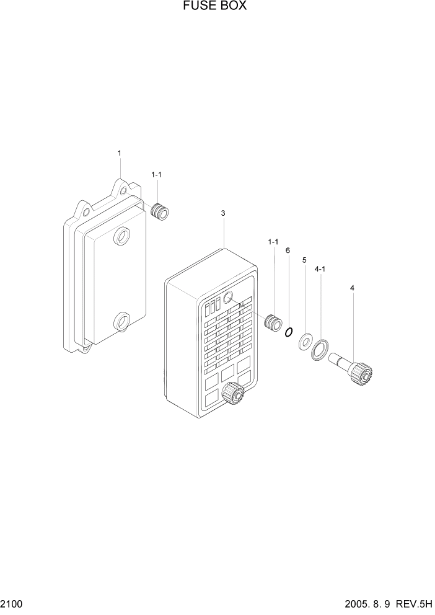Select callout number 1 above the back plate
[x=120, y=153]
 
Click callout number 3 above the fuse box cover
[x=223, y=213]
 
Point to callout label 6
[x=288, y=250]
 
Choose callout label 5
[x=304, y=260]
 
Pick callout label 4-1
[x=321, y=270]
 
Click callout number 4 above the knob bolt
[x=352, y=288]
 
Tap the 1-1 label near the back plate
[x=156, y=175]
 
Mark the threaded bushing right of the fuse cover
[x=273, y=322]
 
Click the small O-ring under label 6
[x=288, y=333]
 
